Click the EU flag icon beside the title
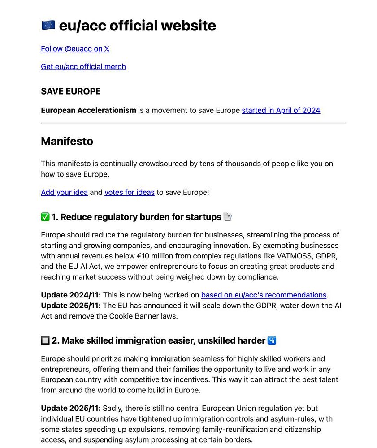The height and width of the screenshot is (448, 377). pyautogui.click(x=48, y=25)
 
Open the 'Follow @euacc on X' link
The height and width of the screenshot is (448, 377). pyautogui.click(x=75, y=48)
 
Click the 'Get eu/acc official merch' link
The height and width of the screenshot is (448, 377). pyautogui.click(x=83, y=66)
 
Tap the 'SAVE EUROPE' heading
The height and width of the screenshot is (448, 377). pyautogui.click(x=70, y=91)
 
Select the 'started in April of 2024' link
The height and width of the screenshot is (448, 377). pyautogui.click(x=281, y=110)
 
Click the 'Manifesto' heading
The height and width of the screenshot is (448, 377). pyautogui.click(x=67, y=141)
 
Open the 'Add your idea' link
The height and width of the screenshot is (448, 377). pyautogui.click(x=64, y=192)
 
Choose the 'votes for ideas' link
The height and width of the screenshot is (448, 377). pyautogui.click(x=129, y=192)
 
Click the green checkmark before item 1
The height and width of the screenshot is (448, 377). pyautogui.click(x=45, y=217)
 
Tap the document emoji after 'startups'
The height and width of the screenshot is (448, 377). pyautogui.click(x=228, y=217)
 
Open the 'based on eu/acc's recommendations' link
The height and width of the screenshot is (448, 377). pyautogui.click(x=264, y=295)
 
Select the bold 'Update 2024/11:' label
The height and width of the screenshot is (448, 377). pyautogui.click(x=71, y=295)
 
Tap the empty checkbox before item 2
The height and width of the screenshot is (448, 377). pyautogui.click(x=45, y=340)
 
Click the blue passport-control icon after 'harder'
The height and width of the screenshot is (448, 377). pyautogui.click(x=272, y=340)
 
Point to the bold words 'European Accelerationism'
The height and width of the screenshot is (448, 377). pyautogui.click(x=88, y=110)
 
